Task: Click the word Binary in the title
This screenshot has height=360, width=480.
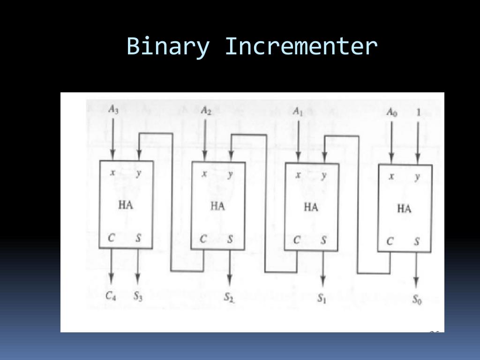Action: tap(167, 47)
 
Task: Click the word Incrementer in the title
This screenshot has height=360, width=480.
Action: tap(301, 46)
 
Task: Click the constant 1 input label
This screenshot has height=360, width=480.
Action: tap(418, 112)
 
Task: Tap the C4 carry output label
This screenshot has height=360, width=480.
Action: tap(111, 295)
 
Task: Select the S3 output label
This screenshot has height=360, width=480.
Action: tap(137, 295)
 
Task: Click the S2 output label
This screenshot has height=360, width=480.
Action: tap(229, 297)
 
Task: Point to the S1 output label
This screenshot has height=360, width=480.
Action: tap(322, 298)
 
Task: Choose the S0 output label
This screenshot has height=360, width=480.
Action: tap(416, 299)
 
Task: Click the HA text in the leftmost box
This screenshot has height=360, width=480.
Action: tap(125, 205)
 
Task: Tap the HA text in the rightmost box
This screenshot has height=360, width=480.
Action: tap(404, 209)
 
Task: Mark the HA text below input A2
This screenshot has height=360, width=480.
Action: tap(217, 206)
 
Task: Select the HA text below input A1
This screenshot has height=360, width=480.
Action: tap(311, 207)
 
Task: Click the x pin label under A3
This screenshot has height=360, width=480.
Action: tap(112, 172)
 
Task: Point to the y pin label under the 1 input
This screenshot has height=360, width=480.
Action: tap(417, 177)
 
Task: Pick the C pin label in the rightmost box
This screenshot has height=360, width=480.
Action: tap(390, 242)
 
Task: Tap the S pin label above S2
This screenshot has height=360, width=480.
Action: tap(230, 239)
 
